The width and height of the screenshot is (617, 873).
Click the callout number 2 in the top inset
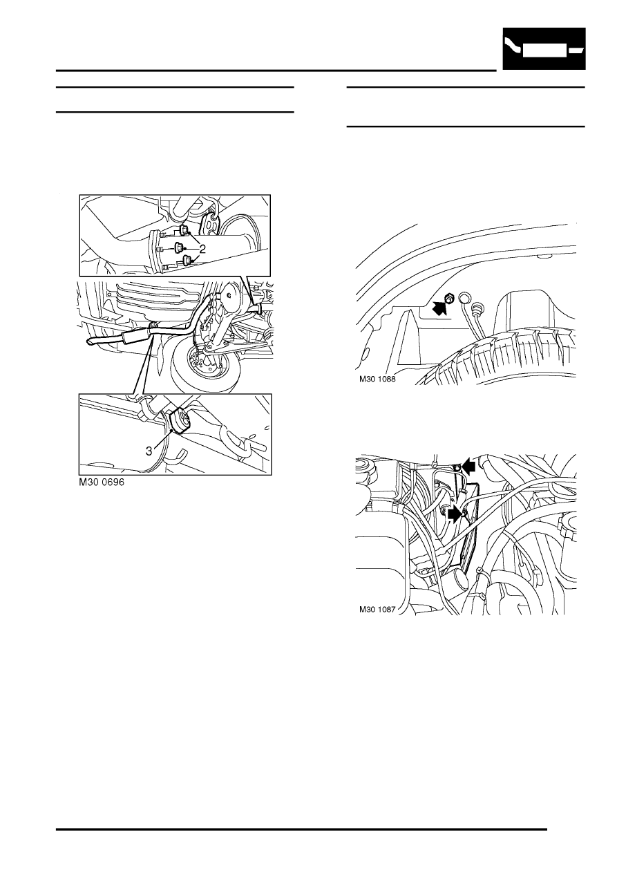coord(202,247)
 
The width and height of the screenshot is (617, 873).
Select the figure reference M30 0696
coord(104,485)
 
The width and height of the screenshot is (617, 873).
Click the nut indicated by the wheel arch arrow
coord(448,299)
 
